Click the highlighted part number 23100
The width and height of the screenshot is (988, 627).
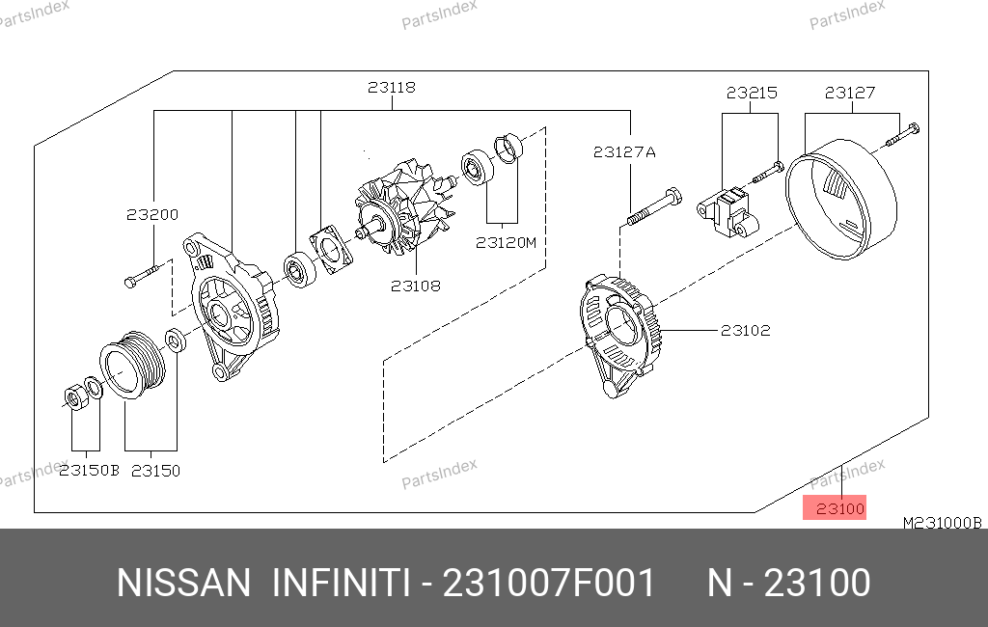[x=840, y=508]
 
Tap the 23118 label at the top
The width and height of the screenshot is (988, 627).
[x=392, y=88]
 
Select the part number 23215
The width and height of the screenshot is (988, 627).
[x=752, y=94]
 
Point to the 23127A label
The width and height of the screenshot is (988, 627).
[x=624, y=152]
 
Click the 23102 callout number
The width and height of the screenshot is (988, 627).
[x=746, y=330]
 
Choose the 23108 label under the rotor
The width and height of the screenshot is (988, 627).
[x=415, y=286]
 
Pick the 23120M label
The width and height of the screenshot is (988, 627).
[x=506, y=243]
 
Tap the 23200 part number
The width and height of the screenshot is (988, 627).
[x=152, y=215]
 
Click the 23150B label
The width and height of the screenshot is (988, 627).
[x=89, y=471]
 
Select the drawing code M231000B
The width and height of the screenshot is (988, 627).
[x=942, y=523]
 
